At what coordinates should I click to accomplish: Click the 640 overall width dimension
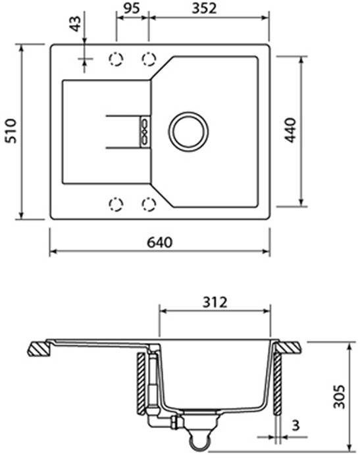159,243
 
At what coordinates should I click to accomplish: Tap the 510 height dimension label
11,131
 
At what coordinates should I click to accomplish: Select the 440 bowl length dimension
291,130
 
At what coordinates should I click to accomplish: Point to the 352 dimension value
204,9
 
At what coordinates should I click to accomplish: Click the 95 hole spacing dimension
132,8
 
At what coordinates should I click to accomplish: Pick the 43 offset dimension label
76,24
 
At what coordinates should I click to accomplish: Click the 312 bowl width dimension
215,302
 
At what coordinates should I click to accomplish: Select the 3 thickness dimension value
296,425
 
